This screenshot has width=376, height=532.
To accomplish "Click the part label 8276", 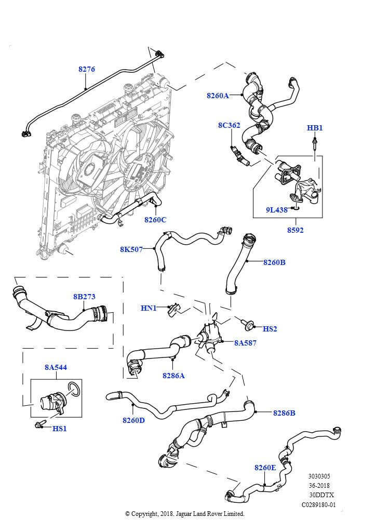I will point(86,69).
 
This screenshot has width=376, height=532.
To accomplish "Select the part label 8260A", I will point(218,96).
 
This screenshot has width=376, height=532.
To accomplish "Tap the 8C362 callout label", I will point(229,125).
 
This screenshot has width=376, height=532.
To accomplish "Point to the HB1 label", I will point(315,128).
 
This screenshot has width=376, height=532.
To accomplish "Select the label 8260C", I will point(155,220).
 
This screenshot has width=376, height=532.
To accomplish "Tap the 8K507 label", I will point(131,249).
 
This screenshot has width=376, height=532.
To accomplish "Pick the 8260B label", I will point(274,262).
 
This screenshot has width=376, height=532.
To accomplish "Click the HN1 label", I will point(149,308).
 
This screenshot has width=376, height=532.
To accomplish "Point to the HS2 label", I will point(270,328).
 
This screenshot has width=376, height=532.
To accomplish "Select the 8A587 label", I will point(245,343).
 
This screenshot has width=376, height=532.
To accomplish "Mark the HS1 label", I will point(60,429).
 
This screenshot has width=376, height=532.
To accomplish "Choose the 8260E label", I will point(265,468).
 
